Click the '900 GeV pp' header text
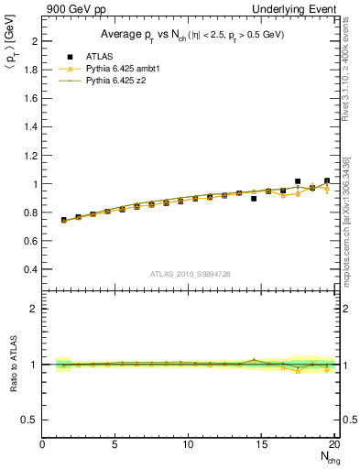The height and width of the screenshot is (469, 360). (71, 9)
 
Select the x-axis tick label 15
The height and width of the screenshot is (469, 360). (262, 445)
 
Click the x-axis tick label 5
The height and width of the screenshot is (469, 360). (115, 445)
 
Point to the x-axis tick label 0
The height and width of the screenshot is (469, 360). (43, 445)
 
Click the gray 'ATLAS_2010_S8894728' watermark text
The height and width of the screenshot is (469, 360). (190, 274)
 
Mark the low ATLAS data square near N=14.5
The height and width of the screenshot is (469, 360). (254, 198)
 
